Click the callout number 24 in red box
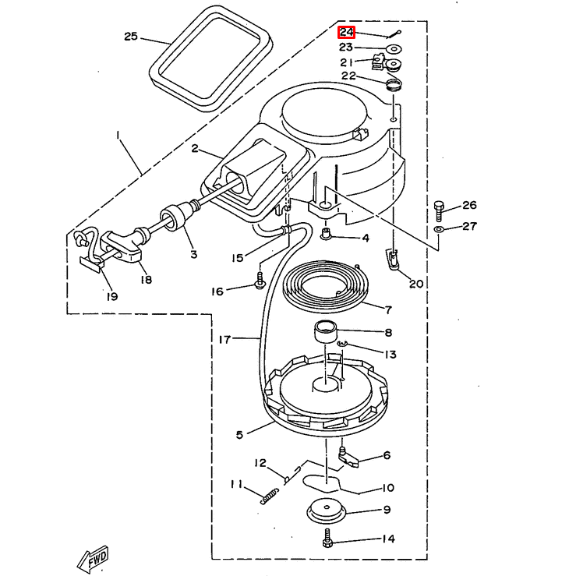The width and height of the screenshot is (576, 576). point(347,33)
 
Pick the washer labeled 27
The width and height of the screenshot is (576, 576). point(440,231)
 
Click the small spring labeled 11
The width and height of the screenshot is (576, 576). point(269,494)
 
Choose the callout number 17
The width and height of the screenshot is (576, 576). point(224,340)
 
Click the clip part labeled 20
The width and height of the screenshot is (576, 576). point(393,259)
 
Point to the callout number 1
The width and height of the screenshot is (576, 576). point(118,135)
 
